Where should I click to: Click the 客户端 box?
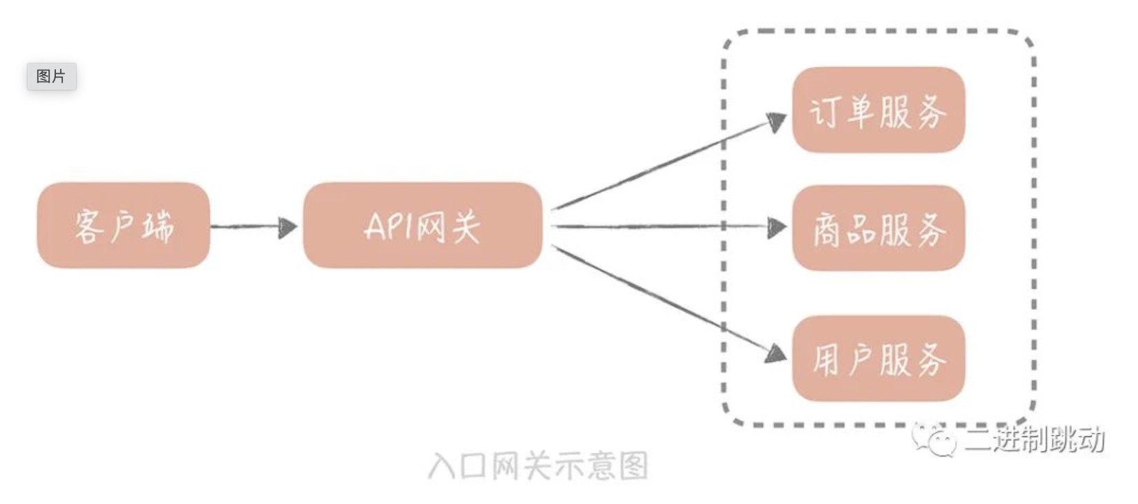click(124, 225)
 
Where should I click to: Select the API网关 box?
click(423, 225)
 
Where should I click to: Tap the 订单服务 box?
click(879, 110)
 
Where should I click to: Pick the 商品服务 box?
click(879, 228)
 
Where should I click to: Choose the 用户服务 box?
click(879, 358)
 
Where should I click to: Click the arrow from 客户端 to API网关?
click(253, 226)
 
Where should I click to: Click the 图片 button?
click(51, 76)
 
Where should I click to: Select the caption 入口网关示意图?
click(538, 465)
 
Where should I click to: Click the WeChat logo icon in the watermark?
click(934, 440)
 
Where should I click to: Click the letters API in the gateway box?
click(389, 226)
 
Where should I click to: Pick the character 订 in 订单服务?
click(824, 112)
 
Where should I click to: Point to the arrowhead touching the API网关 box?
click(288, 228)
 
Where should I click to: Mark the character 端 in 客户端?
click(157, 226)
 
